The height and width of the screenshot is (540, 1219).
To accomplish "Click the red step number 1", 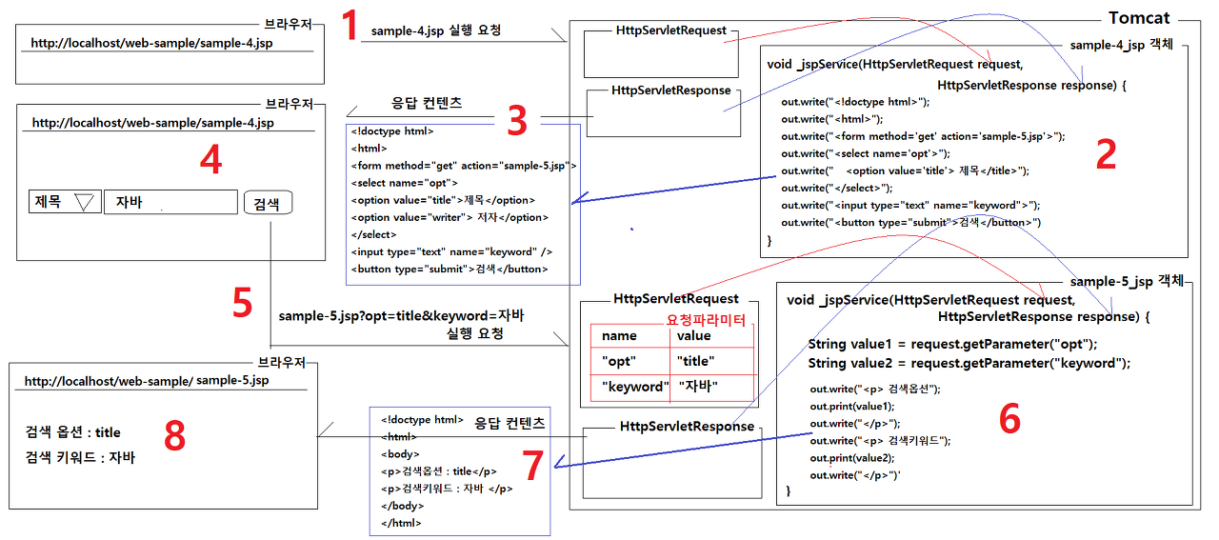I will tap(350, 25).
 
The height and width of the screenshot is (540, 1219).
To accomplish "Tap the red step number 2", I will tap(1105, 154).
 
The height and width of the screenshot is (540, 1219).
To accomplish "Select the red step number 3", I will tap(516, 121).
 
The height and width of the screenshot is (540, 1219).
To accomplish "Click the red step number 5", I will tap(242, 303).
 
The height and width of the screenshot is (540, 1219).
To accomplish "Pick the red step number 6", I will tap(1009, 418).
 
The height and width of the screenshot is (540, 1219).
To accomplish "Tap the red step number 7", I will tap(534, 465).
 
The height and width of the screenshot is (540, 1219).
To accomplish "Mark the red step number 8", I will tap(174, 436).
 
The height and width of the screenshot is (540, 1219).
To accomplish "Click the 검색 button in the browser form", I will tap(268, 203).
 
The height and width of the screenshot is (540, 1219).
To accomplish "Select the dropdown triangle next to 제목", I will tap(86, 202).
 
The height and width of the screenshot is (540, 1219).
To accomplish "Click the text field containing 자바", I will tap(170, 202).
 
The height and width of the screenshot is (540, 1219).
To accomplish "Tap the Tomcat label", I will tap(1139, 18).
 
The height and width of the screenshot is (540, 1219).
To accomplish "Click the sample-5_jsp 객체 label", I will tap(1126, 281).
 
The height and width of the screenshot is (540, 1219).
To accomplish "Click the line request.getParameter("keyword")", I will tap(969, 363).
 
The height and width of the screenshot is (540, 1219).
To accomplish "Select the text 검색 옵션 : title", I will tap(73, 432).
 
